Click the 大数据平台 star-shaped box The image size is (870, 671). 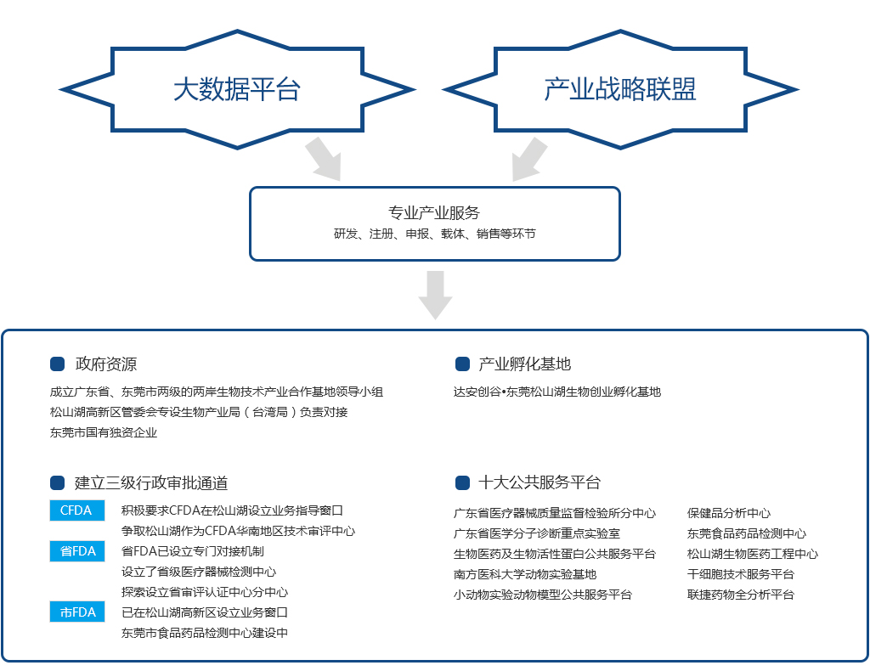pos(237,88)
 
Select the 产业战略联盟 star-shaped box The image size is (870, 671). pos(620,88)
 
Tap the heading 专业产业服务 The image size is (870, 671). pos(434,213)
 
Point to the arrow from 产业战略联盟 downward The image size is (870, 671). pos(529,159)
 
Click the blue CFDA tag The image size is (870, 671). pos(76,510)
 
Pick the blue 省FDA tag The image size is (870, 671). pos(76,551)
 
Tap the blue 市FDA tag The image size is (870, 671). pos(76,612)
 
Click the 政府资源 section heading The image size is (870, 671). pos(105,364)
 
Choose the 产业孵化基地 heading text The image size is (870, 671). pos(524,364)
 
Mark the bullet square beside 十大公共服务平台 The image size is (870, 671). pos(463,482)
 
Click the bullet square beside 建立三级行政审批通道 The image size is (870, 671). pos(58,482)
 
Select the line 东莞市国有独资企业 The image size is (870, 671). pos(104,432)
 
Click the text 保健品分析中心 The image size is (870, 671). pos(729,513)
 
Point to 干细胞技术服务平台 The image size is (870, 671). pos(741,574)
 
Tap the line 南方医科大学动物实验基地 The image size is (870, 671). pos(525,574)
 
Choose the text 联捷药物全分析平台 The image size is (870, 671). pos(741,595)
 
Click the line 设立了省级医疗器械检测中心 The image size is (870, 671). pos(199,572)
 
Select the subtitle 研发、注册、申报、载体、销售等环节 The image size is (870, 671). pos(434,234)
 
